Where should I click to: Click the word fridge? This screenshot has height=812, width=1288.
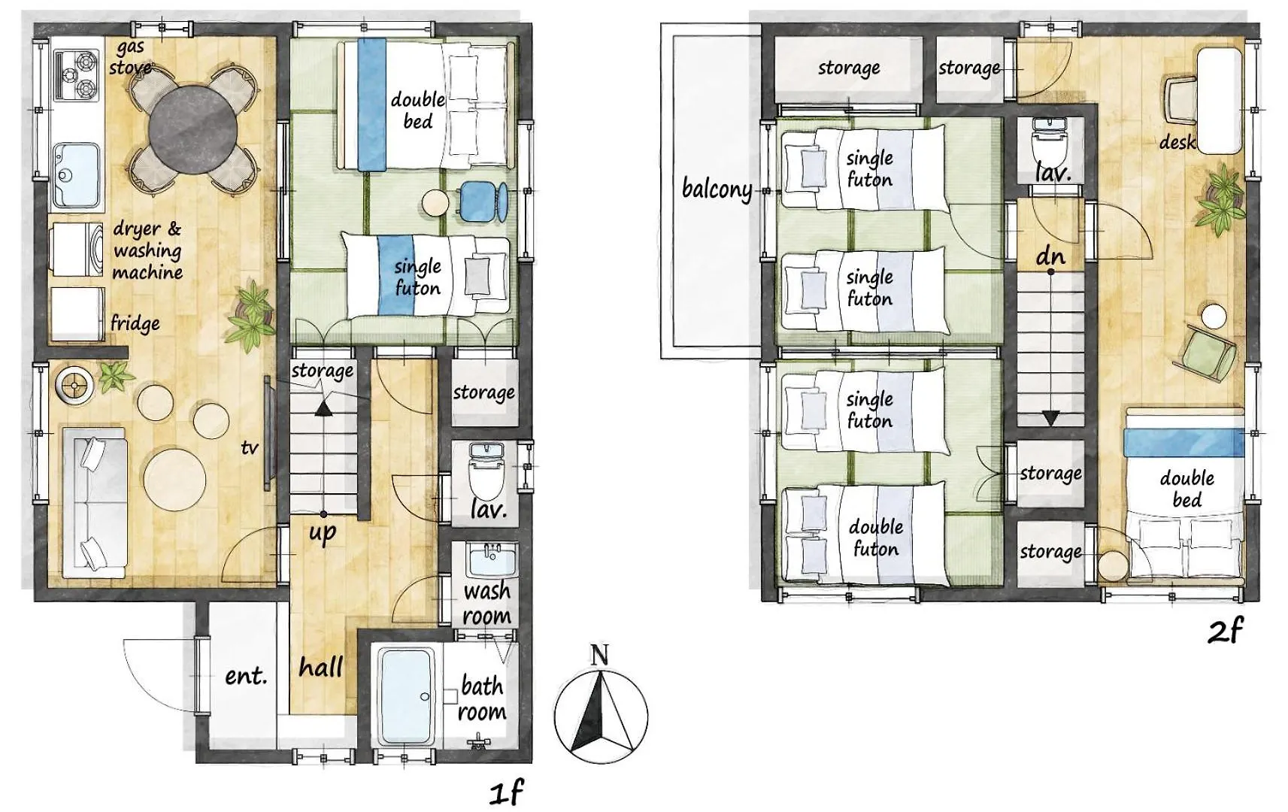pyautogui.click(x=135, y=324)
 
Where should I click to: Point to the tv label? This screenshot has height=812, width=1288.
pyautogui.click(x=250, y=447)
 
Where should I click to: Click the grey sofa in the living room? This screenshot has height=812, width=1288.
pyautogui.click(x=94, y=502)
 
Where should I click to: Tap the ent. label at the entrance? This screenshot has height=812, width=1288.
pyautogui.click(x=246, y=676)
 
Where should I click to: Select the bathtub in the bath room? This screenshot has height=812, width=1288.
pyautogui.click(x=407, y=695)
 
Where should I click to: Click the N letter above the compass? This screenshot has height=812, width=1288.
pyautogui.click(x=599, y=654)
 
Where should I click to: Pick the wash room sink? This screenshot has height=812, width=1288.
pyautogui.click(x=492, y=560)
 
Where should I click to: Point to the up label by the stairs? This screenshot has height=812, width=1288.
pyautogui.click(x=323, y=533)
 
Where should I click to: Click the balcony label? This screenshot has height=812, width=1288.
pyautogui.click(x=717, y=189)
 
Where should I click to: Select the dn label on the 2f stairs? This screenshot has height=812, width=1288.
pyautogui.click(x=1051, y=256)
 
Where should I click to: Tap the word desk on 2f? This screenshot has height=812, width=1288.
pyautogui.click(x=1177, y=142)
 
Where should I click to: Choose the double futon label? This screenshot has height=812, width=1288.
pyautogui.click(x=876, y=538)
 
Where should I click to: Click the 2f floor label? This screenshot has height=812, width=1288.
pyautogui.click(x=1225, y=630)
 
